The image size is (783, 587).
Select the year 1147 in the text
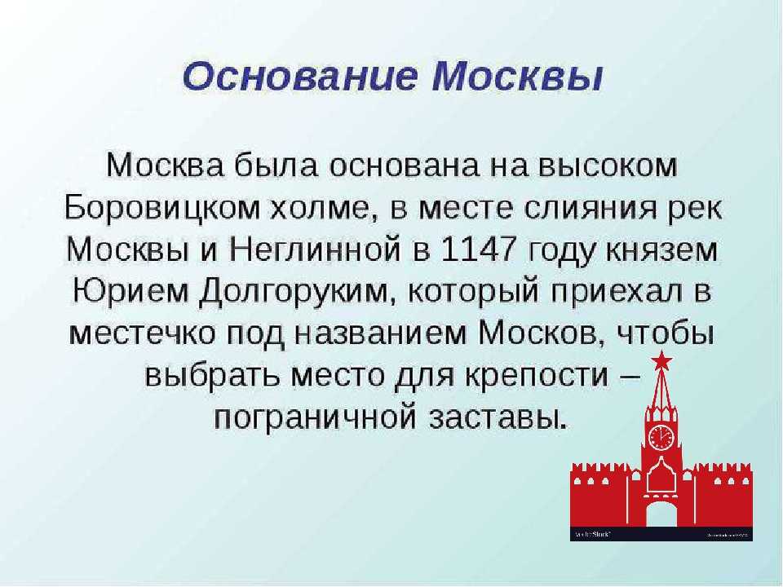tap(478, 249)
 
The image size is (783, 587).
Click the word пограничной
tap(315, 418)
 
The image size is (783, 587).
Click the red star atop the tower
tap(661, 360)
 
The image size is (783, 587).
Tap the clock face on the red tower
tap(661, 437)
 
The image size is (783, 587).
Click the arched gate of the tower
tap(661, 513)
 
